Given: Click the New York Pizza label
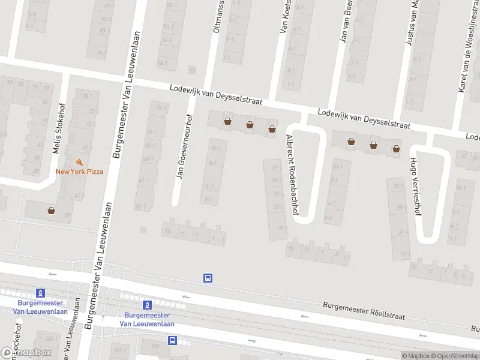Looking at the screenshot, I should [79, 172].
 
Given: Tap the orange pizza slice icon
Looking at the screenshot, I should [79, 162].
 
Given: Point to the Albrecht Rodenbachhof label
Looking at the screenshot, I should [293, 175].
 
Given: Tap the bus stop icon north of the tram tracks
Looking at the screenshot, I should [208, 278].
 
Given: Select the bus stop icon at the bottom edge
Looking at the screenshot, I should [173, 340].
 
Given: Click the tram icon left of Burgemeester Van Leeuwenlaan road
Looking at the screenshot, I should [40, 293].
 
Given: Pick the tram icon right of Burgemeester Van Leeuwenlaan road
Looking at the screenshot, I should [147, 304].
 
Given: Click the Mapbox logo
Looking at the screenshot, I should [26, 352].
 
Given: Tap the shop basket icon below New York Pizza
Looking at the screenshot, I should [52, 211].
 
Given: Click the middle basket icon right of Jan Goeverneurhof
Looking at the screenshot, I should [250, 125].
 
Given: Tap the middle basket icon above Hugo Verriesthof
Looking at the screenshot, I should [374, 145].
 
